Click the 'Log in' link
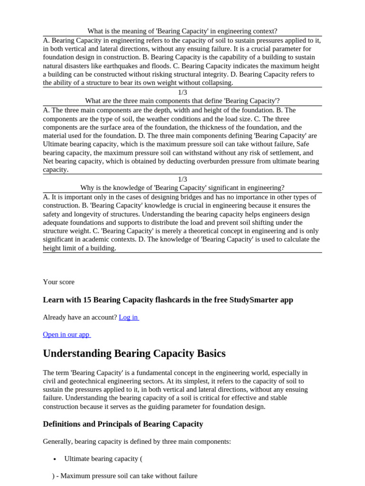click(x=128, y=317)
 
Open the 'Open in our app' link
click(x=66, y=334)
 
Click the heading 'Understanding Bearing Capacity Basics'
click(x=134, y=354)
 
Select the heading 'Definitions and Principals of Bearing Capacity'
click(x=123, y=424)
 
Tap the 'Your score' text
click(x=58, y=282)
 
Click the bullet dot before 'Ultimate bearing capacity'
click(x=55, y=459)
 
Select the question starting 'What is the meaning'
click(x=182, y=31)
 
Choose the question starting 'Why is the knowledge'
click(x=182, y=187)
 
